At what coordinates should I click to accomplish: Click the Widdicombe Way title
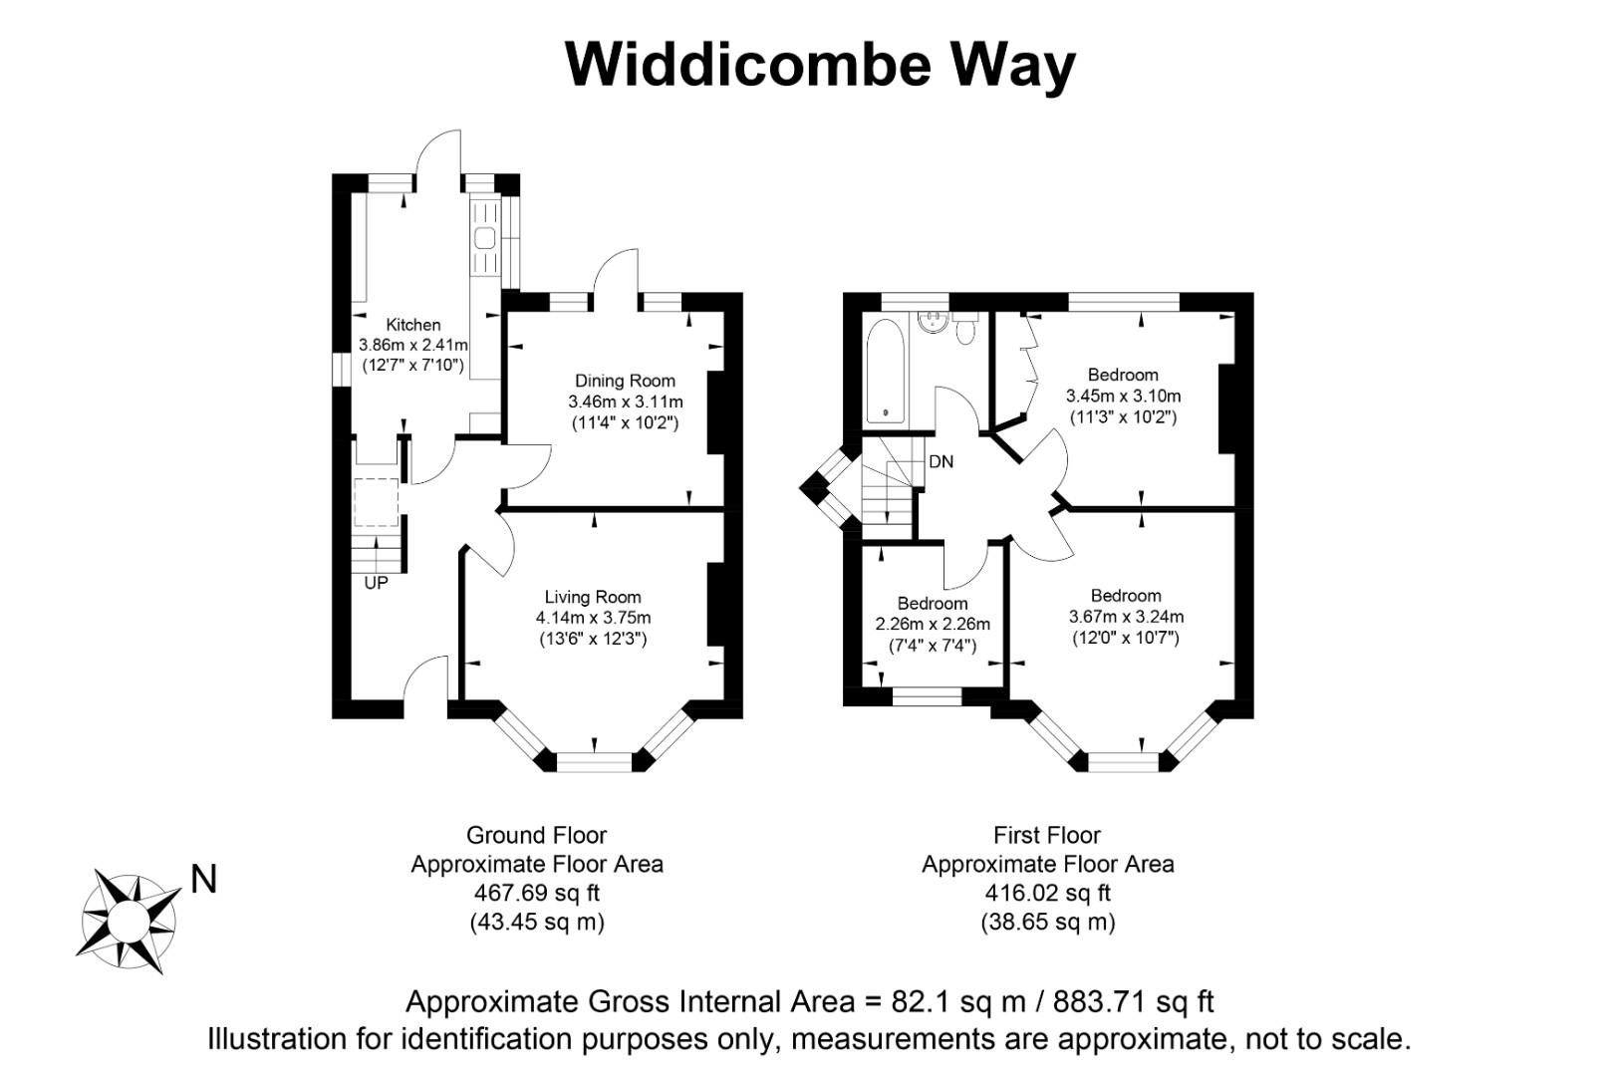tap(820, 65)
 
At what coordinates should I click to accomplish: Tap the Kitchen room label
tap(413, 325)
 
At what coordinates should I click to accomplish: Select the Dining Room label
tap(625, 381)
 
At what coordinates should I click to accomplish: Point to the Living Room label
tap(593, 598)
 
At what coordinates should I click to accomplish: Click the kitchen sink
tap(485, 238)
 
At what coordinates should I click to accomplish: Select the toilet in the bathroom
tap(964, 330)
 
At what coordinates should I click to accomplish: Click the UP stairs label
tap(376, 584)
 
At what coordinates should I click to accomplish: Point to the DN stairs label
tap(941, 462)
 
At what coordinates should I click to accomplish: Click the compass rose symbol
tap(128, 920)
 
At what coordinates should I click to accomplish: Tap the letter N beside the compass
tap(203, 880)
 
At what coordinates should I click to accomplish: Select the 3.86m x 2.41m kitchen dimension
tap(413, 345)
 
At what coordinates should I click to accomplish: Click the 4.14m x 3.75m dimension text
tap(593, 619)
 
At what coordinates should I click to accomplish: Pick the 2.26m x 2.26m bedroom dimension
tap(933, 625)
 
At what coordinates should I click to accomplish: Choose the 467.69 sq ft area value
tap(537, 894)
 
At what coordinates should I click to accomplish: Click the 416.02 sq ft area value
tap(1047, 894)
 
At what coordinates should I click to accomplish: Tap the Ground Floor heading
tap(536, 836)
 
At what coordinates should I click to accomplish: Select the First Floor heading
tap(1047, 836)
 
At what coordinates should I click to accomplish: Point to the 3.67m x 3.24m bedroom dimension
tap(1126, 617)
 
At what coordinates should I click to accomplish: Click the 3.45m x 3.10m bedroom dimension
tap(1123, 396)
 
